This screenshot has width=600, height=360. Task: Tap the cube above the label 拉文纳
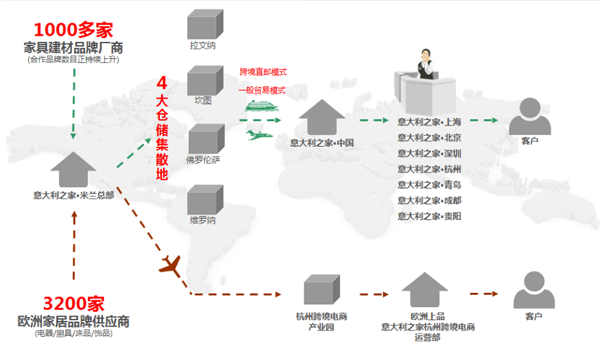(204, 26)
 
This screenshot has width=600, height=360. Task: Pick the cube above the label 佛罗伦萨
(204, 139)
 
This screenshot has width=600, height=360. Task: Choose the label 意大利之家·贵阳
(429, 215)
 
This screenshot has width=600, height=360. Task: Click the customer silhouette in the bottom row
(530, 293)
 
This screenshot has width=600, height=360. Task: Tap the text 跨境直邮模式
(262, 72)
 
